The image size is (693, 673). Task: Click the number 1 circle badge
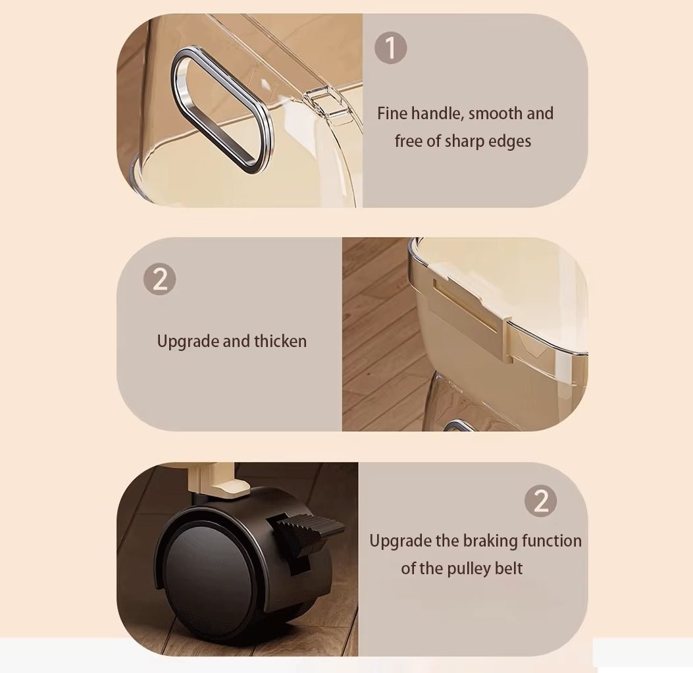391,48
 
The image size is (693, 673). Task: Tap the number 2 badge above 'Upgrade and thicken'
159,279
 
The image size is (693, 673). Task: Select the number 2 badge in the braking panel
540,501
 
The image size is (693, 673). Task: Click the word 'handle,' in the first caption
438,114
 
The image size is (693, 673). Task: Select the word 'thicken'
280,341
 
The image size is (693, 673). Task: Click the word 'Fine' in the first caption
392,114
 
